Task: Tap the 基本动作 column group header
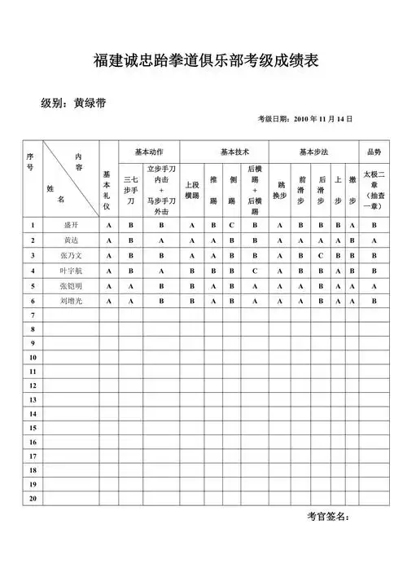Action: [x=150, y=152]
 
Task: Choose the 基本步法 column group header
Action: [x=313, y=152]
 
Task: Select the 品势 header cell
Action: [x=374, y=152]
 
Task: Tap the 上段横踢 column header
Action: [x=192, y=190]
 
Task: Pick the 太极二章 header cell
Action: [x=374, y=190]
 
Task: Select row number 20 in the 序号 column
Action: [x=33, y=497]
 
